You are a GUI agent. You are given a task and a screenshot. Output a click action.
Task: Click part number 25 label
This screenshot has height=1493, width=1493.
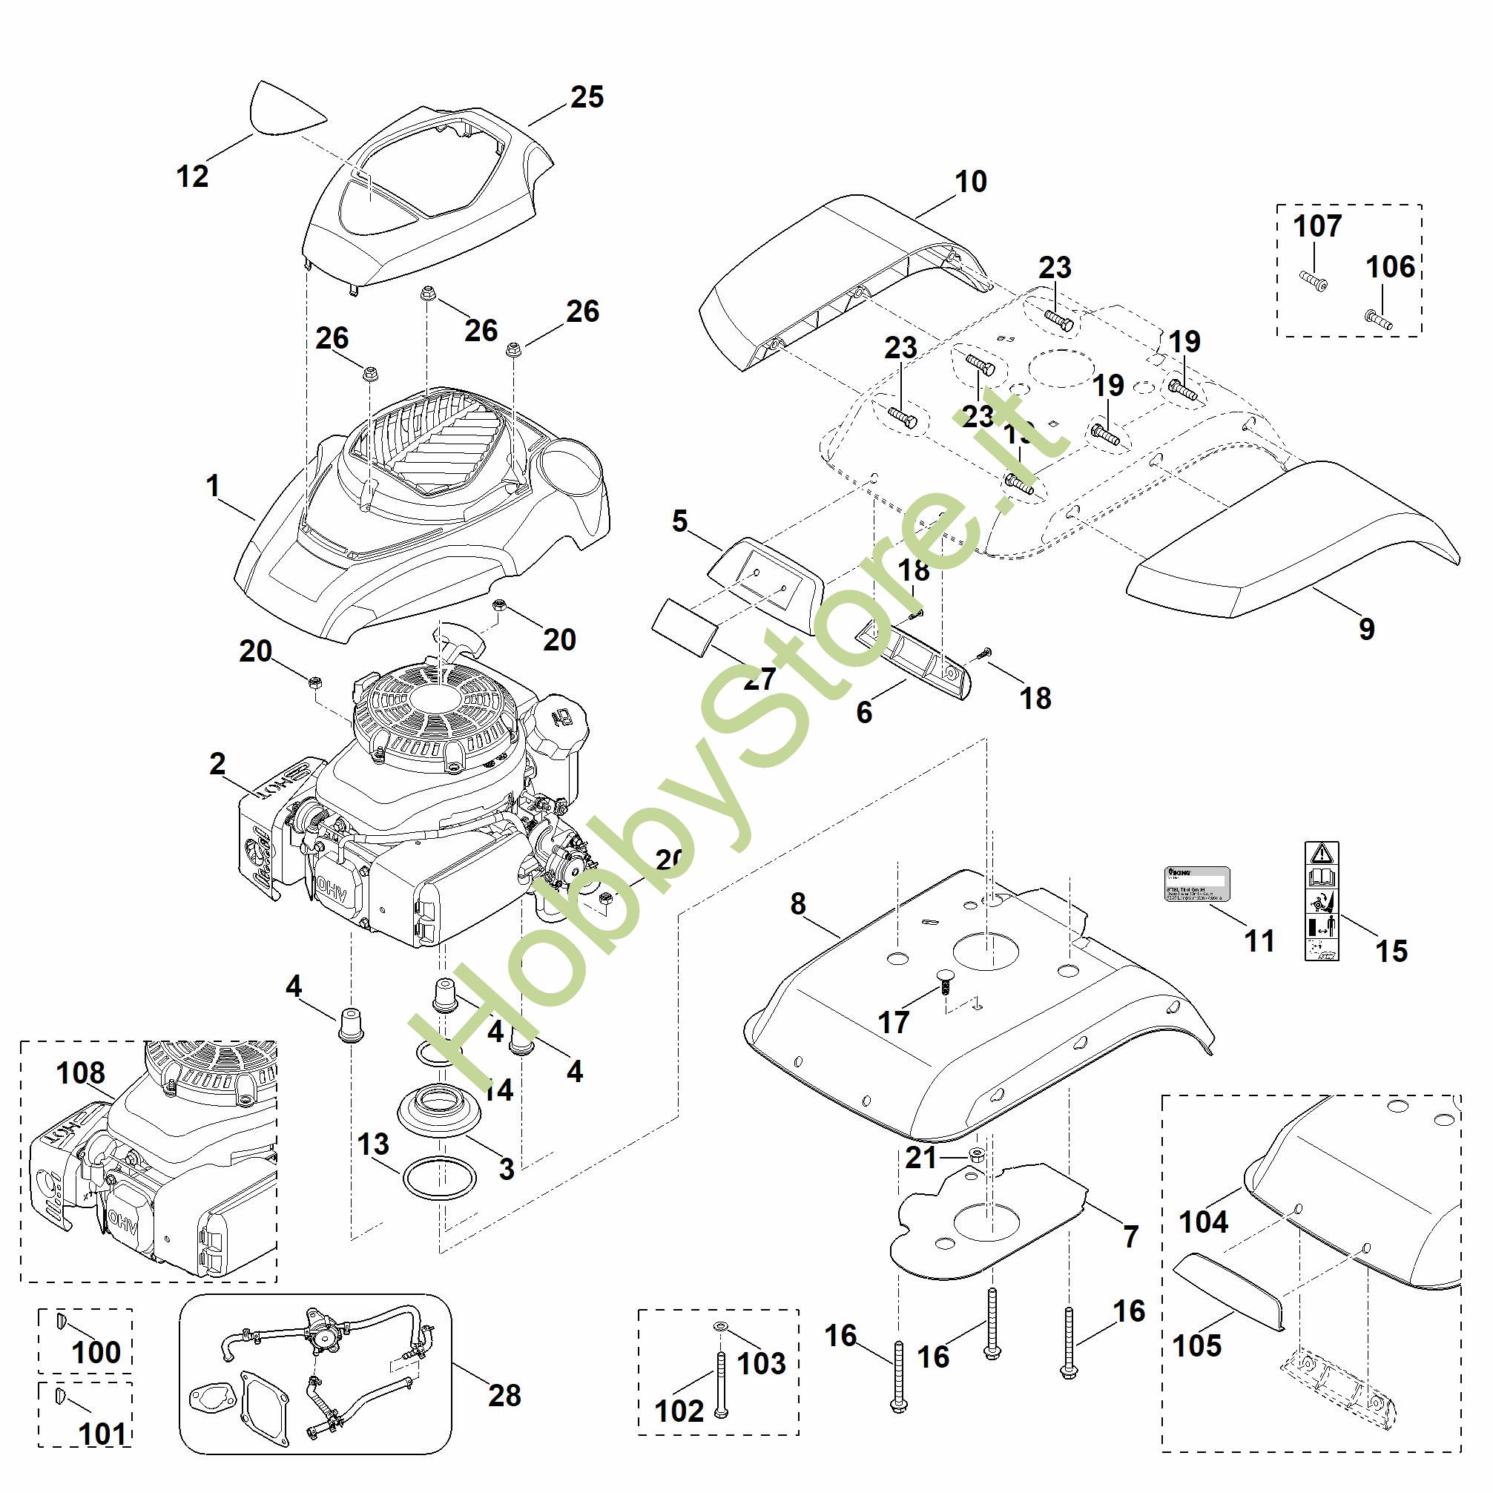click(587, 97)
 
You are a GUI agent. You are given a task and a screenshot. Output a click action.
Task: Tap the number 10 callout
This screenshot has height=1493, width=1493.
click(971, 182)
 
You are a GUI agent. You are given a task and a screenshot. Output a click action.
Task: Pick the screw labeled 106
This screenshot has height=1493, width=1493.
click(1378, 318)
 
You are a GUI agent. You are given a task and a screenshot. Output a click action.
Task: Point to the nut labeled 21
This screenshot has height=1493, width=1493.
click(976, 1156)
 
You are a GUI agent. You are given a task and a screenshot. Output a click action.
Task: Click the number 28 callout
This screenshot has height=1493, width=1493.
click(504, 1395)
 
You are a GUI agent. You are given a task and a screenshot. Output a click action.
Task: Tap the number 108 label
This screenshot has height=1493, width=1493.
click(80, 1073)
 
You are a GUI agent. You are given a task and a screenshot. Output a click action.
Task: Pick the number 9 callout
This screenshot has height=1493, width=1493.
click(1367, 629)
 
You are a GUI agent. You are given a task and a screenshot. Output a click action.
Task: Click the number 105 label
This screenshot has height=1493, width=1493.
click(1197, 1345)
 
